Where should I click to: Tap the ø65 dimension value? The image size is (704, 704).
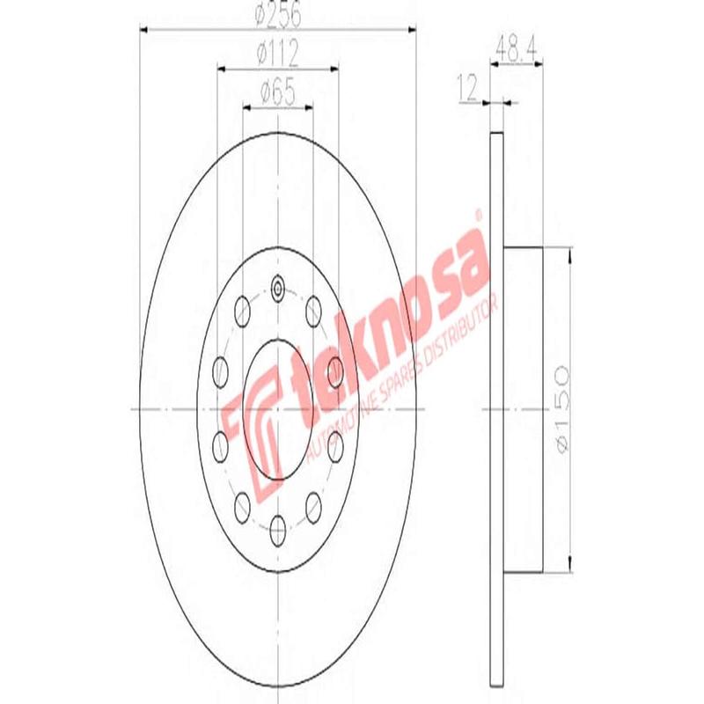tap(277, 92)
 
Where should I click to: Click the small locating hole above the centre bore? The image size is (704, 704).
tap(278, 287)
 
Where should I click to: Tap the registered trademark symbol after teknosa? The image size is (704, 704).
tap(479, 214)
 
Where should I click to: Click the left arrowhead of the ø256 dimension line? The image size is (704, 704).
tap(145, 31)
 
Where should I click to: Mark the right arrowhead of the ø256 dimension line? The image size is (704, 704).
tap(411, 31)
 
